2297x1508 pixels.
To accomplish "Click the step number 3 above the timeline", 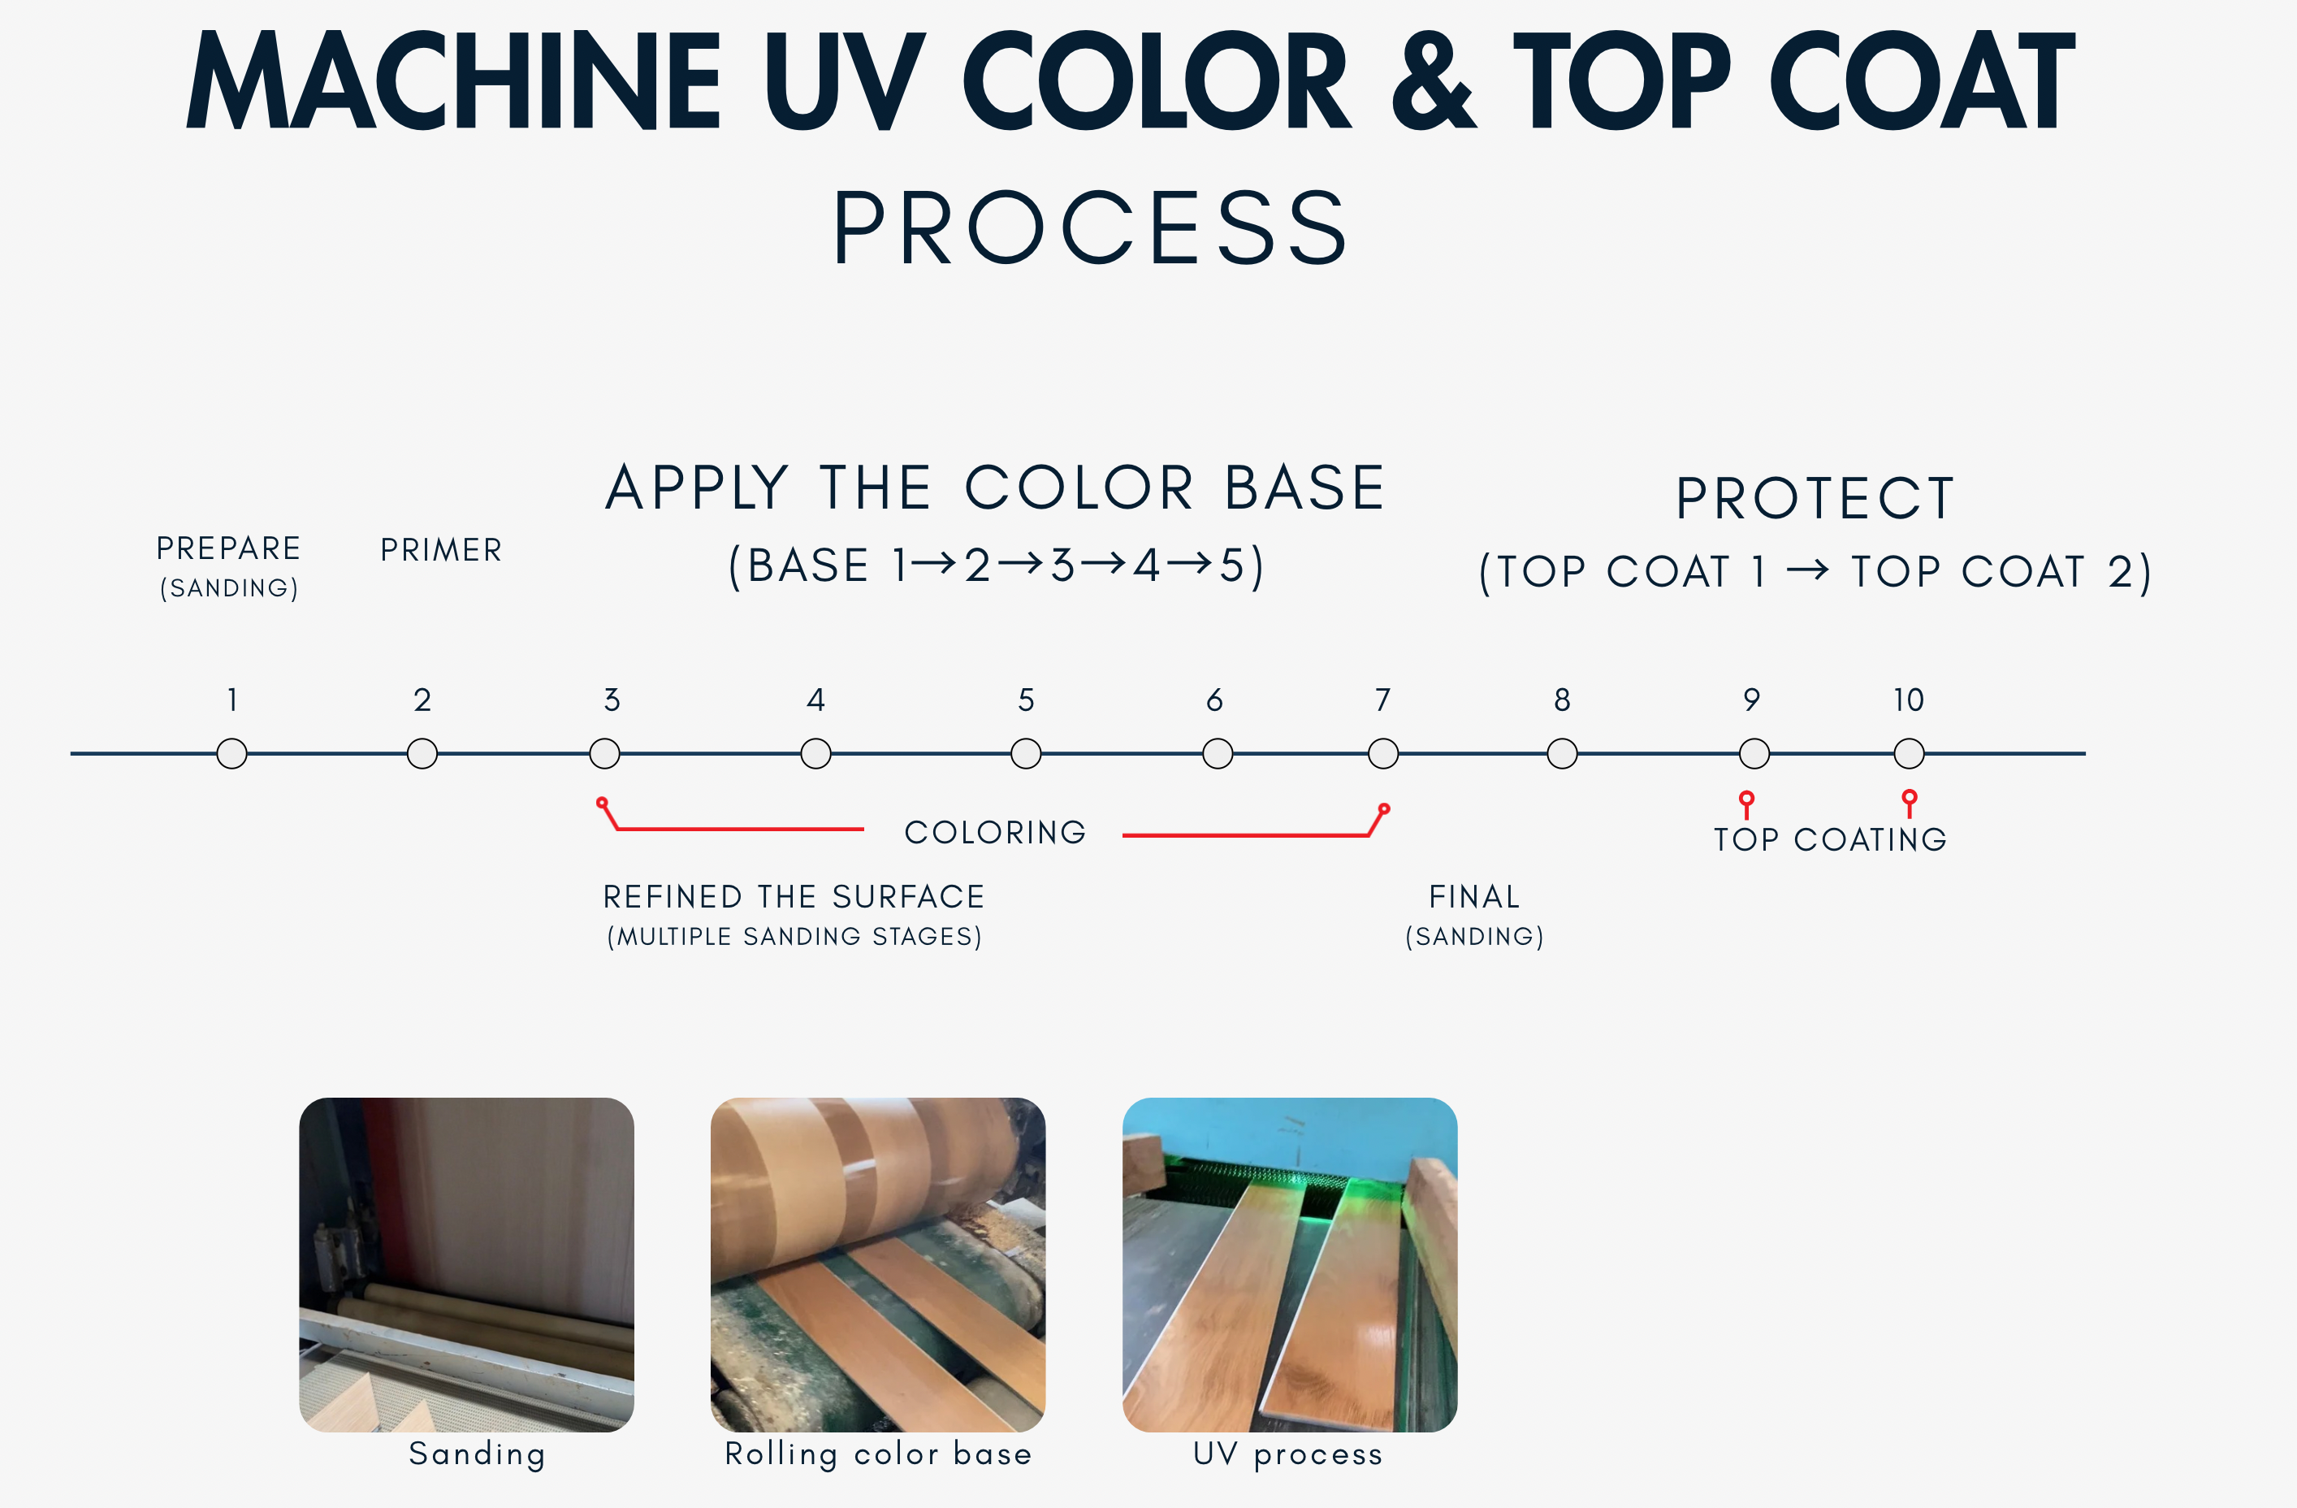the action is [x=612, y=699].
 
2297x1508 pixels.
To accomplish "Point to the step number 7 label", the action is [x=1383, y=699].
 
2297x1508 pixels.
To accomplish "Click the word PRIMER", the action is [x=441, y=550].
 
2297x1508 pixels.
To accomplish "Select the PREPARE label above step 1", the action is [x=229, y=548].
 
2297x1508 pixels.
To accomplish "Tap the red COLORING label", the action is [x=995, y=832].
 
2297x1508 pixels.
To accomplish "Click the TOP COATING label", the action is [x=1831, y=840].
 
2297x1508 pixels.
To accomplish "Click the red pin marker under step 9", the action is [x=1747, y=804].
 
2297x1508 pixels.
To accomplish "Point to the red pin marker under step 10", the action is [x=1909, y=804].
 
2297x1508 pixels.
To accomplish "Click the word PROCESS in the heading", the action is [x=1091, y=227].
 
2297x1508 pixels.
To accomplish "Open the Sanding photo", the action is [x=466, y=1265].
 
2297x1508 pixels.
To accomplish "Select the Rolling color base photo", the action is [x=877, y=1265].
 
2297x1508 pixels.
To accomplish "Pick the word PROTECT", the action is [x=1815, y=499].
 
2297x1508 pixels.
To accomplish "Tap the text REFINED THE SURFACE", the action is [x=794, y=897].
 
